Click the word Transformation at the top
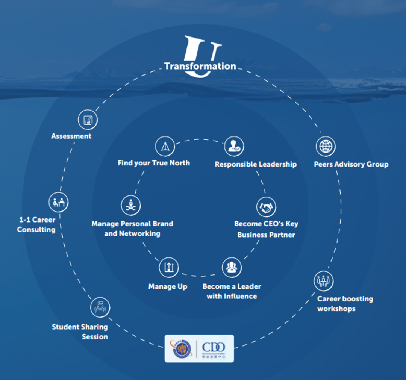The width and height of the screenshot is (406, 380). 200,66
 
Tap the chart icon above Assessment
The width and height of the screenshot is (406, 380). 88,120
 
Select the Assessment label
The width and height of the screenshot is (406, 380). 71,136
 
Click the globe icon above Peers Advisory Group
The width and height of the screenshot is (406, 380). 326,146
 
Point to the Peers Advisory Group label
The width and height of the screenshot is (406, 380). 351,164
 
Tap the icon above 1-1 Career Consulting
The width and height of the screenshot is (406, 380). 58,202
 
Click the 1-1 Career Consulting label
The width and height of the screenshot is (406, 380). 36,224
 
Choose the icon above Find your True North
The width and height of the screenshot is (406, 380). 165,147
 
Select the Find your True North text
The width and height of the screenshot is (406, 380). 153,163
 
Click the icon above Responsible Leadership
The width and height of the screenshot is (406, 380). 233,146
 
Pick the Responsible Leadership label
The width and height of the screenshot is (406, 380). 256,164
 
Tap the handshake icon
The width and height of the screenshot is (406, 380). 266,207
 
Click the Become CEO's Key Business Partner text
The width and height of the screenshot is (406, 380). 266,229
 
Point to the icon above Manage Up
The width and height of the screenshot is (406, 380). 168,267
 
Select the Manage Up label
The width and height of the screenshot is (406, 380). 168,286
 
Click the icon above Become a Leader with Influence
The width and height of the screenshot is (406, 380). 232,267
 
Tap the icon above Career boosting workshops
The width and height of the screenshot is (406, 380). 323,280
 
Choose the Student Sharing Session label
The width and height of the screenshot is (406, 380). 80,332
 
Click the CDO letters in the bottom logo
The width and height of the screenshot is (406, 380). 213,347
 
